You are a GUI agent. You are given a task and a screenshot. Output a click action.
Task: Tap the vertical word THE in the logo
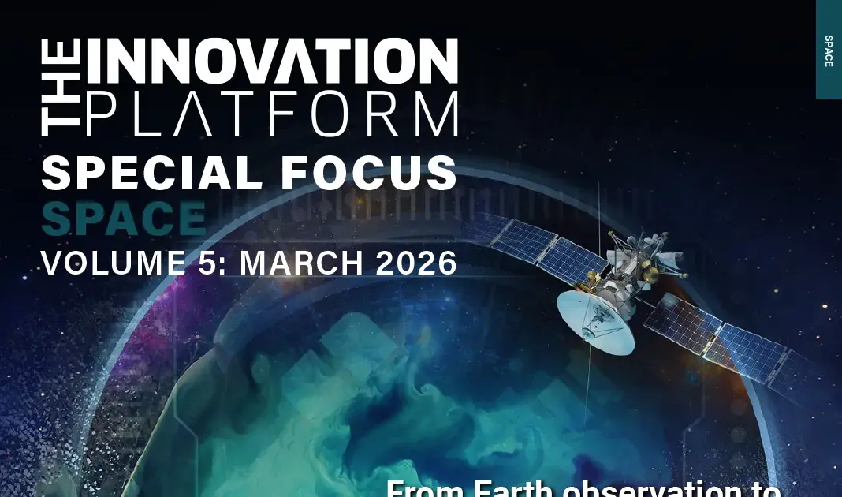point(60,87)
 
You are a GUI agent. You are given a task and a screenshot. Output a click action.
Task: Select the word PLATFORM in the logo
point(271,114)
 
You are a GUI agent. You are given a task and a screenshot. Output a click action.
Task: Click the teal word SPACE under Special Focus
point(123,219)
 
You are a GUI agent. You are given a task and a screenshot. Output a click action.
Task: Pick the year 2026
point(416,263)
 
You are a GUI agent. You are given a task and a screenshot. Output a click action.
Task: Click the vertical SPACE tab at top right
point(829,50)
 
